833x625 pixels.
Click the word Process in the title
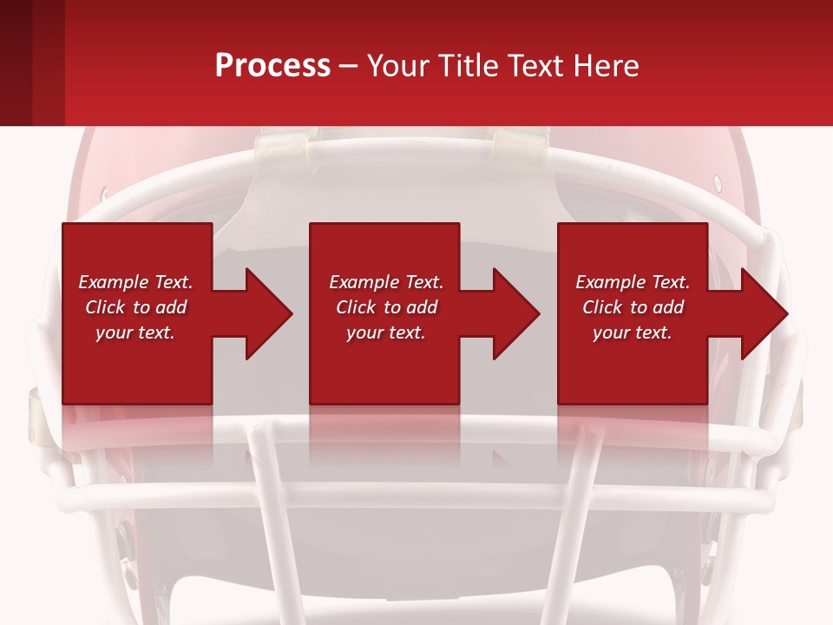click(272, 65)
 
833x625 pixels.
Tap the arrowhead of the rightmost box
click(763, 313)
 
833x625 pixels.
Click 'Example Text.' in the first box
click(135, 282)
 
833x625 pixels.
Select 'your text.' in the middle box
click(385, 332)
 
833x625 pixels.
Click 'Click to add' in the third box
click(633, 307)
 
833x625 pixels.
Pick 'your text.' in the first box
click(135, 332)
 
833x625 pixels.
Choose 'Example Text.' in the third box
click(633, 282)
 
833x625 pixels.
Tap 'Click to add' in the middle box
click(385, 307)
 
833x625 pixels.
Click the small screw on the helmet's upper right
click(717, 183)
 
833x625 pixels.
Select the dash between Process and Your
click(349, 67)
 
